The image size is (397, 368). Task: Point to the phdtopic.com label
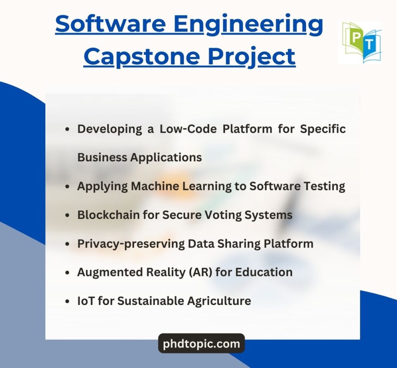click(201, 344)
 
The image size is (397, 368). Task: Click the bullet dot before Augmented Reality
click(67, 272)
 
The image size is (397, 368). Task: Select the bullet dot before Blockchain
click(67, 215)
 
